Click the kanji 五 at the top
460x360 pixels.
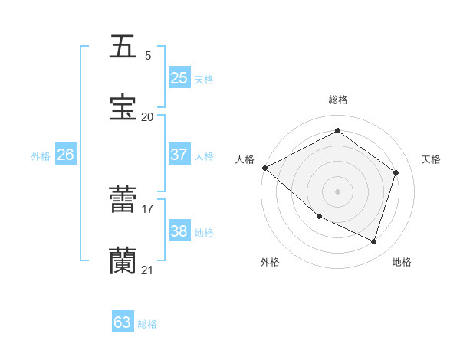pyautogui.click(x=123, y=47)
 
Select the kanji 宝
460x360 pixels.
pyautogui.click(x=123, y=108)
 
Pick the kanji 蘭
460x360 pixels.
pyautogui.click(x=123, y=260)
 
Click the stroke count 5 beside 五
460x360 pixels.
pyautogui.click(x=147, y=55)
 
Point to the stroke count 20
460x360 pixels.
pyautogui.click(x=147, y=116)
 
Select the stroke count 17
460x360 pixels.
pyautogui.click(x=147, y=208)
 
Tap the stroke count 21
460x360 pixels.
pyautogui.click(x=147, y=269)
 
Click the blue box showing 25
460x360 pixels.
pyautogui.click(x=179, y=78)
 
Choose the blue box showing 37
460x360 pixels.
pyautogui.click(x=179, y=155)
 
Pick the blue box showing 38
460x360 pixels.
pyautogui.click(x=179, y=231)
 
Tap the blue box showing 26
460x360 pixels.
pyautogui.click(x=66, y=155)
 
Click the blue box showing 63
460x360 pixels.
pyautogui.click(x=123, y=322)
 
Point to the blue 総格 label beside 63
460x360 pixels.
pyautogui.click(x=147, y=324)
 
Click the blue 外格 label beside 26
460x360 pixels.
pyautogui.click(x=41, y=156)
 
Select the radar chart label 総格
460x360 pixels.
pyautogui.click(x=337, y=100)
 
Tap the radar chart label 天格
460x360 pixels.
pyautogui.click(x=431, y=159)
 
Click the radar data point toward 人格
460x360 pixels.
pyautogui.click(x=264, y=168)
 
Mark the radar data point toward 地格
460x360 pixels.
pyautogui.click(x=373, y=242)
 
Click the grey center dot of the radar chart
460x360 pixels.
pyautogui.click(x=337, y=191)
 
